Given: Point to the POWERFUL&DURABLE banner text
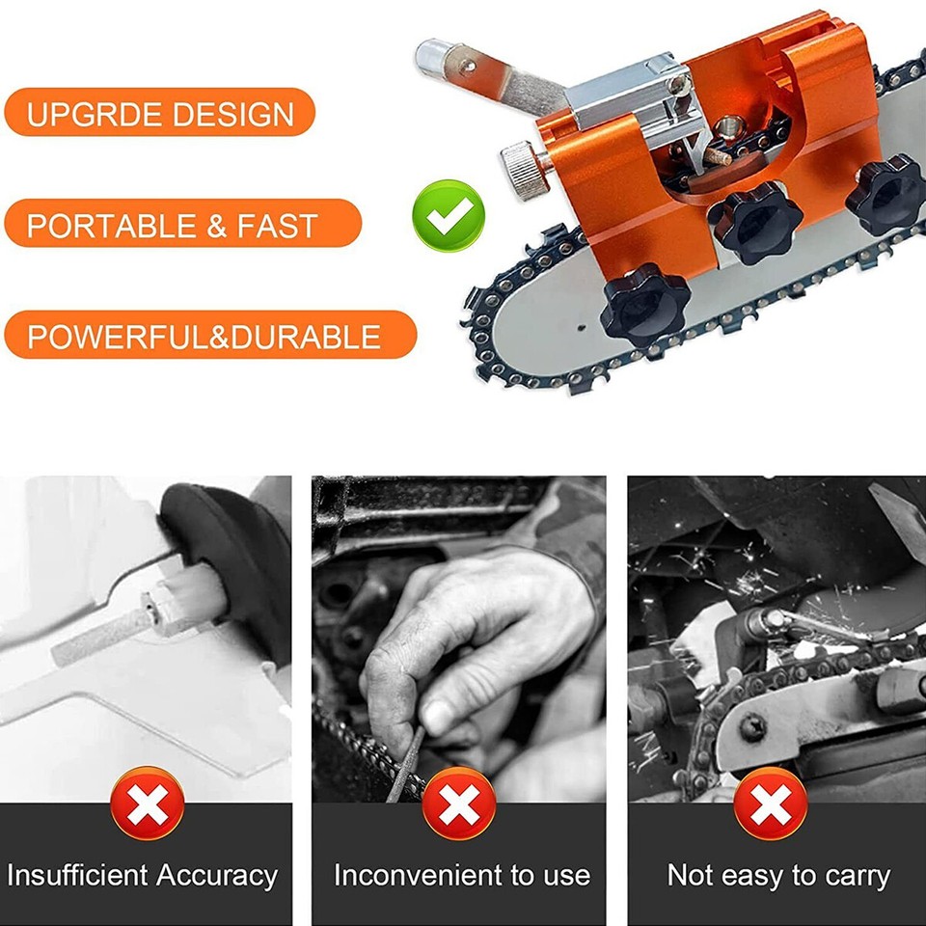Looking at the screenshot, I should click(204, 337).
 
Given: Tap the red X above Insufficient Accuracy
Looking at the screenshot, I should click(148, 803).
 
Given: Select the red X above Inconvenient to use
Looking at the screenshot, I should click(459, 803).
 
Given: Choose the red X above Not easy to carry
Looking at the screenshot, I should click(771, 803).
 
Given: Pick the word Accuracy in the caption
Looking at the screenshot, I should click(217, 876).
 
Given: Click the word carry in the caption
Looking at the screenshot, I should click(852, 876).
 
